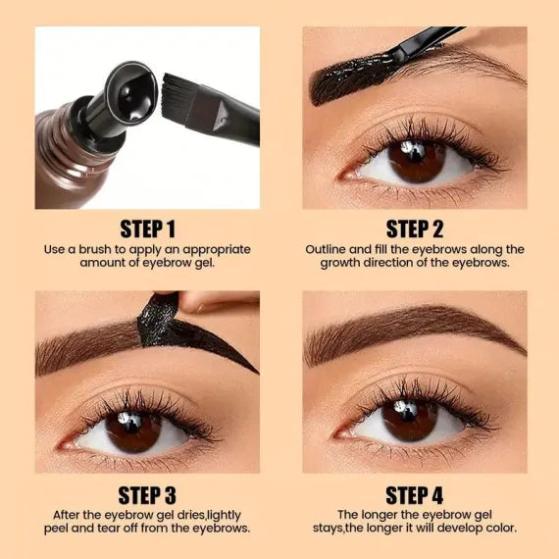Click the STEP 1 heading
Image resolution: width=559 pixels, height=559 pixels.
(x=147, y=229)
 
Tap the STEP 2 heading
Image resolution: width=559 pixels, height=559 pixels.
(x=414, y=229)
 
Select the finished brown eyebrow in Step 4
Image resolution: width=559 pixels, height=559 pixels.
(x=412, y=329)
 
